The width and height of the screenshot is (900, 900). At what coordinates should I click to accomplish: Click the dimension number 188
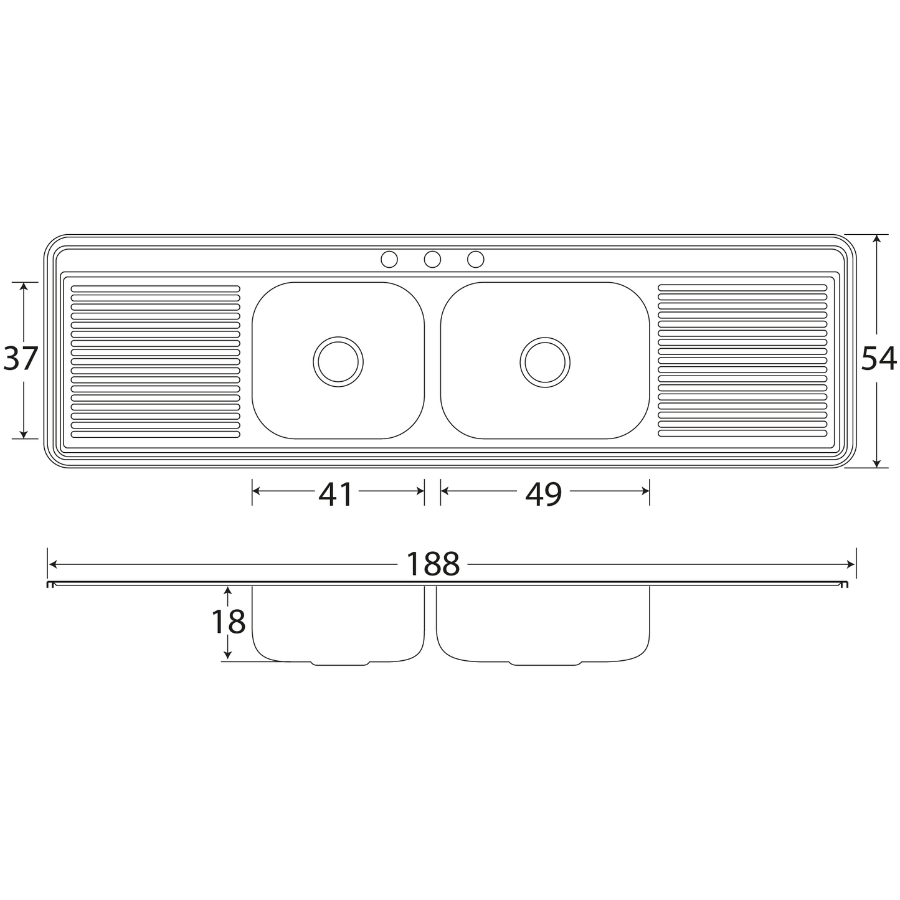point(433,564)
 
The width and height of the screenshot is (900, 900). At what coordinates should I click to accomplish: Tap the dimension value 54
point(879,359)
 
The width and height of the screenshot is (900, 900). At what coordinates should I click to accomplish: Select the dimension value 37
point(21,359)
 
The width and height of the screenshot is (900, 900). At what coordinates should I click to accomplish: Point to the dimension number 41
point(335,495)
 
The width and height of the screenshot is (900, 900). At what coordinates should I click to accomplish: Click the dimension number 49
point(543,495)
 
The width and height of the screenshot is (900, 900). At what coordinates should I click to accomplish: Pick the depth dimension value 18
point(229,622)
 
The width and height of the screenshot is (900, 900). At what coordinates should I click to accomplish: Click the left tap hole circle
point(389,259)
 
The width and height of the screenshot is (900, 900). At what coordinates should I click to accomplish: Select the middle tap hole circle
point(432,259)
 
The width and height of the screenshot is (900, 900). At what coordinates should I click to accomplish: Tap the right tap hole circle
point(475,259)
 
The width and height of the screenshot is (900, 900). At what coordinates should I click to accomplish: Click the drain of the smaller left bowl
point(338,362)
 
